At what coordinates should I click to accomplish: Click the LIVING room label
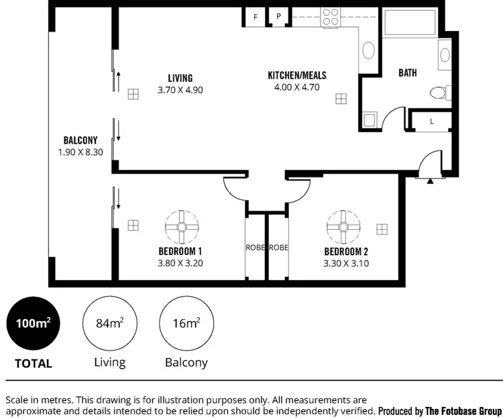[180, 79]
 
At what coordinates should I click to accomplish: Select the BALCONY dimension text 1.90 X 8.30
[80, 152]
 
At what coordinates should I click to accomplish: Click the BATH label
[408, 73]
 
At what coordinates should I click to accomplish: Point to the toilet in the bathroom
[439, 92]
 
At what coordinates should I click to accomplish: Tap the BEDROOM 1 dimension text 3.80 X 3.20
[180, 263]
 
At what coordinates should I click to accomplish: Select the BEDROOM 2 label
[345, 252]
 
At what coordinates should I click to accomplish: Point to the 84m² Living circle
[109, 323]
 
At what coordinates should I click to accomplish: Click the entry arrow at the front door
[430, 180]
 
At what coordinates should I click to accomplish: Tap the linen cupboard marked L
[431, 122]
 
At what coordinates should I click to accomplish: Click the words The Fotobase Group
[463, 410]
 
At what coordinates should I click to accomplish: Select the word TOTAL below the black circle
[34, 363]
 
